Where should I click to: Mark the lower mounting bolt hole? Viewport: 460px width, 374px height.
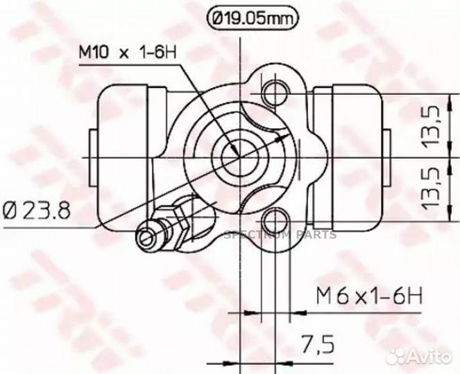(x=275, y=220)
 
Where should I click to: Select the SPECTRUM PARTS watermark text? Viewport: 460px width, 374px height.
(x=280, y=235)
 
